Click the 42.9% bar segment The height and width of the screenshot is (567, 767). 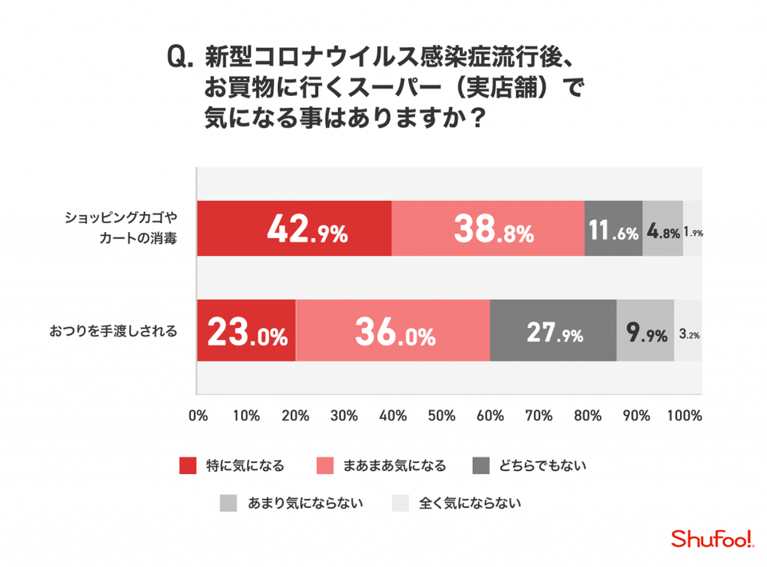click(x=294, y=228)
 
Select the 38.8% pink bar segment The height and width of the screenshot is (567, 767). click(x=488, y=228)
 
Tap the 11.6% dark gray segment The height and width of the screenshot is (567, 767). click(x=613, y=228)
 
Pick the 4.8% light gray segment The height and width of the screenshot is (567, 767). click(x=662, y=228)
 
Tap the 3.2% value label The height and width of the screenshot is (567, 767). click(x=690, y=335)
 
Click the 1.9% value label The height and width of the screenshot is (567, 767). click(x=693, y=234)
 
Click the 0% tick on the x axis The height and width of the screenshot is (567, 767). click(x=197, y=416)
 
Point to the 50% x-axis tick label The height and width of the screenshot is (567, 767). click(x=441, y=416)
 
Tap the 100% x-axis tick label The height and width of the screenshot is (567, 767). click(x=685, y=416)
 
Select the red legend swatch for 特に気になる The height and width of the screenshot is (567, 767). click(x=188, y=465)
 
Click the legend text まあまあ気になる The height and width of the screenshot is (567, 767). click(x=394, y=465)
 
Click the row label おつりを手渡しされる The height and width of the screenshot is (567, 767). click(x=113, y=330)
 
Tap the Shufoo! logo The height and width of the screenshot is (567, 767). click(x=712, y=540)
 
